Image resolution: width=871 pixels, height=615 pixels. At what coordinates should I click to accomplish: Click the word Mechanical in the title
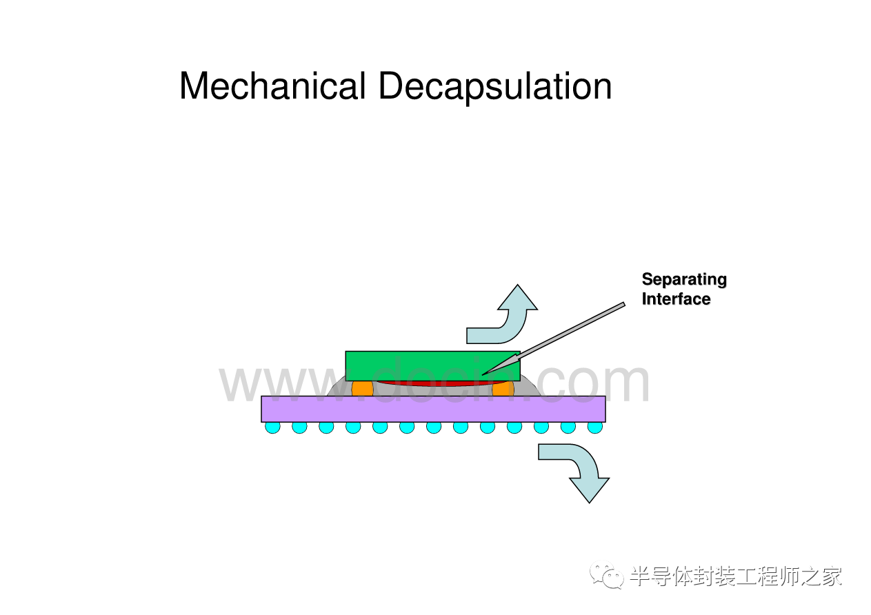pos(272,87)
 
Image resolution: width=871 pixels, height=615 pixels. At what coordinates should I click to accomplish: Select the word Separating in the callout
pos(683,279)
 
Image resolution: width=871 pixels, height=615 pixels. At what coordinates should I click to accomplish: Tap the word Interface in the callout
pos(675,299)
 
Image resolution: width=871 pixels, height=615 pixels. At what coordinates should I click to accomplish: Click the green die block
pos(414,363)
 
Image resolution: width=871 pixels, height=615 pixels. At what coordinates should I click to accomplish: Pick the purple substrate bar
pos(433,409)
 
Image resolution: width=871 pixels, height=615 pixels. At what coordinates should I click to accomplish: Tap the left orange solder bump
pos(362,388)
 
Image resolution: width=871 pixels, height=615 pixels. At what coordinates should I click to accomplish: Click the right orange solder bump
pos(503,388)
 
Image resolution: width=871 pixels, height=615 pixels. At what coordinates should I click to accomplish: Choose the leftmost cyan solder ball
pos(273,427)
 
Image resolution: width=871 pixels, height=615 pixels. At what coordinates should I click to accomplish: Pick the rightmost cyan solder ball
pos(594,427)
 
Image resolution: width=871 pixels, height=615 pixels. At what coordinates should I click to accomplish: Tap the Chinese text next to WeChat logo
pos(735,576)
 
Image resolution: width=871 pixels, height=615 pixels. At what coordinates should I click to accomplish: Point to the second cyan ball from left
pos(299,427)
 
